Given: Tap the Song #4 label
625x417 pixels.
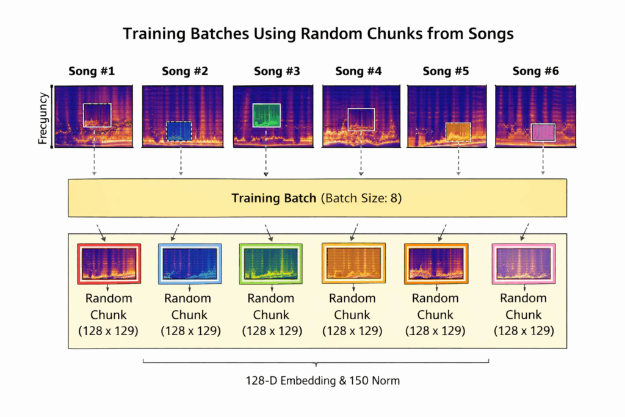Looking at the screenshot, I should pyautogui.click(x=358, y=71).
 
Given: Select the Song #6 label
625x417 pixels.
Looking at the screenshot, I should pyautogui.click(x=535, y=71).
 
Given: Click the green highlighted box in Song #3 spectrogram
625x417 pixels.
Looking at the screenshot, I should pyautogui.click(x=266, y=115).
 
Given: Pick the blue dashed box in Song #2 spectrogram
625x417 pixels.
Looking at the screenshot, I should pyautogui.click(x=179, y=131).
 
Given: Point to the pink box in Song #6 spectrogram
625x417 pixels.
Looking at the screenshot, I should pyautogui.click(x=543, y=132).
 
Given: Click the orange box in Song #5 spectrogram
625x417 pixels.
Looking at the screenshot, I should pyautogui.click(x=458, y=131).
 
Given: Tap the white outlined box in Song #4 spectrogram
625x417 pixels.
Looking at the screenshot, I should pyautogui.click(x=361, y=119).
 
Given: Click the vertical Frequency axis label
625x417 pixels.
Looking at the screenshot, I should pyautogui.click(x=43, y=117).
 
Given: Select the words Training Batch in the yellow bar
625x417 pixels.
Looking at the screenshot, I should pyautogui.click(x=273, y=198).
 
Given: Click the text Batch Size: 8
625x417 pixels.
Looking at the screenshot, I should pyautogui.click(x=364, y=198).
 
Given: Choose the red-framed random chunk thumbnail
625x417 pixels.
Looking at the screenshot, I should pyautogui.click(x=109, y=264).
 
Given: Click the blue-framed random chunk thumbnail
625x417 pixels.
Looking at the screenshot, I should pyautogui.click(x=189, y=264).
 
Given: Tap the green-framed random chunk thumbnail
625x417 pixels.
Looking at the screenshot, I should pyautogui.click(x=271, y=264).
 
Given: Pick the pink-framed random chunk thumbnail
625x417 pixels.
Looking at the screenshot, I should pyautogui.click(x=524, y=264).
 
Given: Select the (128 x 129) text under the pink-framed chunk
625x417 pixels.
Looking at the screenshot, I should pyautogui.click(x=524, y=331).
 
